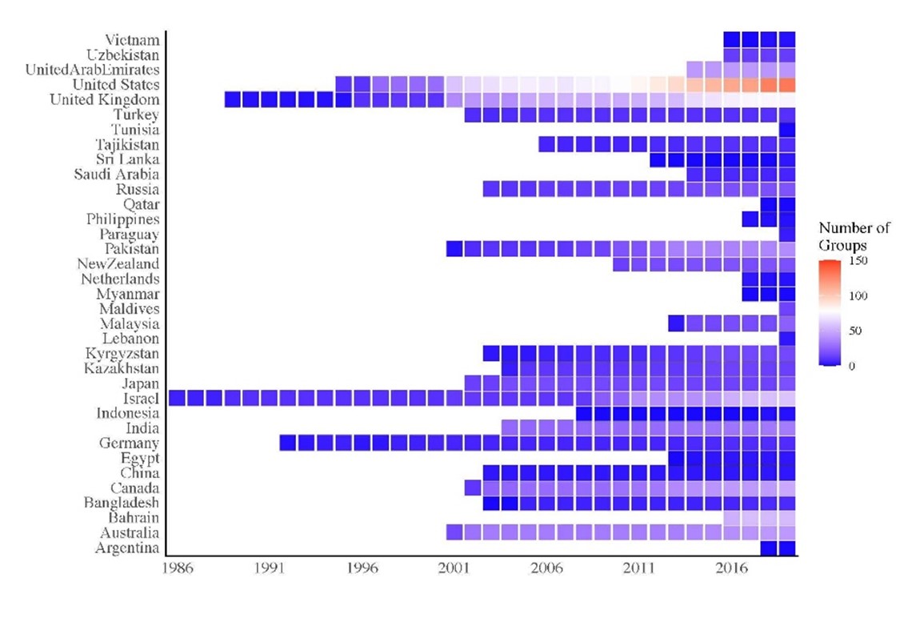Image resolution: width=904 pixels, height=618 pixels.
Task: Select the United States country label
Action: tap(115, 85)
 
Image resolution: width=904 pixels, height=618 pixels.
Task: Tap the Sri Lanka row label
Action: tap(127, 159)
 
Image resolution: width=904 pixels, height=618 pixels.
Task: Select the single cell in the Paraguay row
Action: tap(787, 235)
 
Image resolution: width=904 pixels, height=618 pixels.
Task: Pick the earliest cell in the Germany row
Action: tap(288, 443)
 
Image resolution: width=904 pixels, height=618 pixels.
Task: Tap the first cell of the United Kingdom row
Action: tap(233, 99)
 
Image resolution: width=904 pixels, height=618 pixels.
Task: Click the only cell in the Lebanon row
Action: tap(787, 339)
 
